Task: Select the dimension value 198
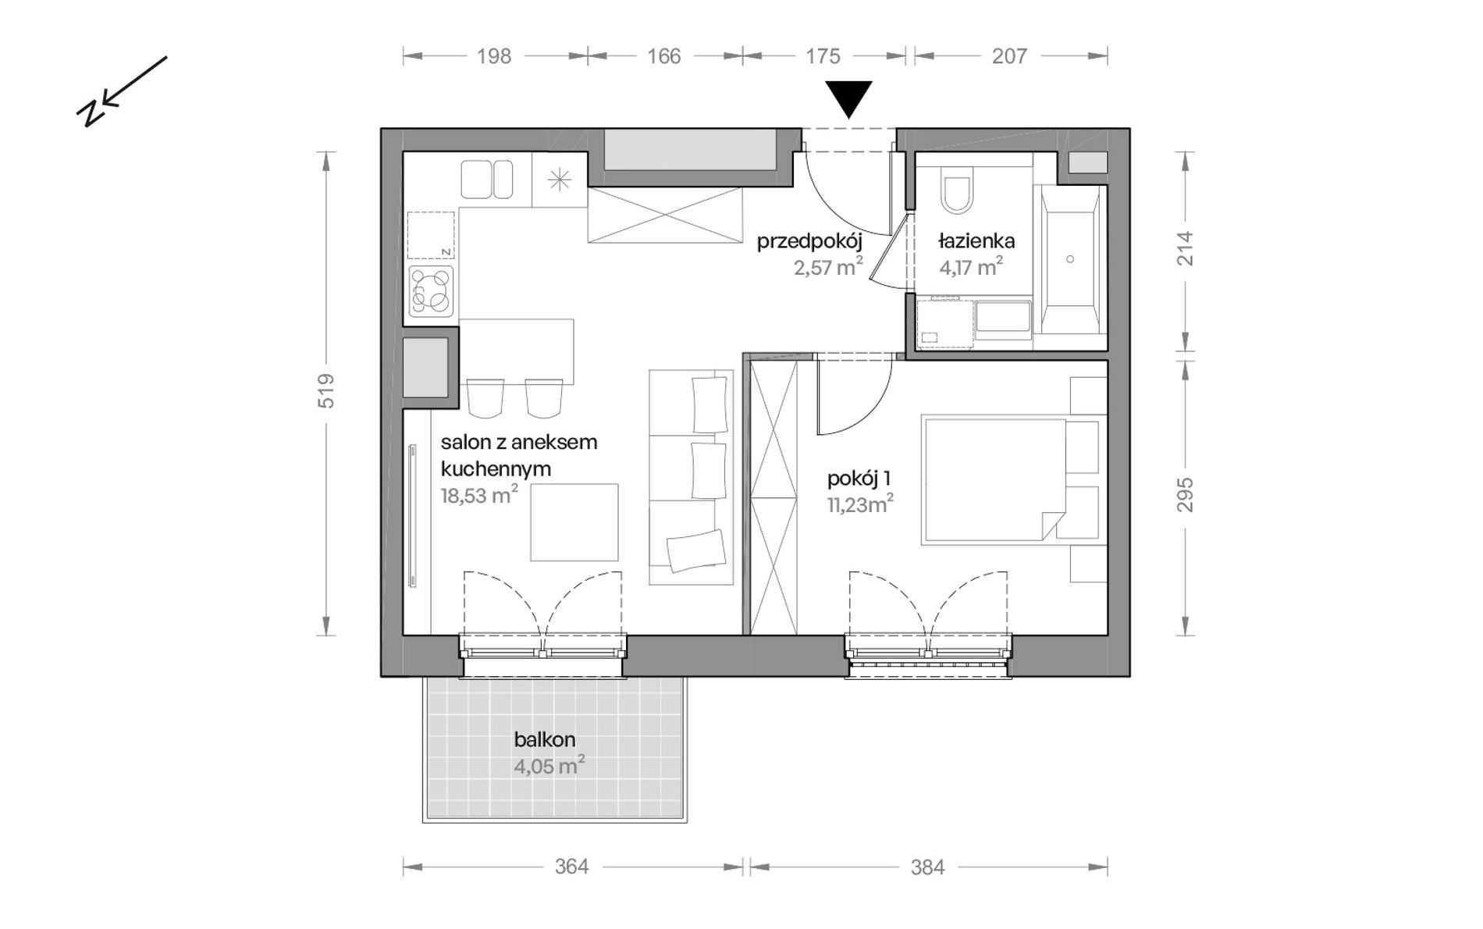[x=494, y=56]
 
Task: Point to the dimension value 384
[x=927, y=867]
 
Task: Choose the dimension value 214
[x=1185, y=248]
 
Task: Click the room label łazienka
[x=976, y=240]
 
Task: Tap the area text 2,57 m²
[x=828, y=268]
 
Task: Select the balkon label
[x=545, y=739]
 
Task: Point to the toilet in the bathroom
[x=957, y=191]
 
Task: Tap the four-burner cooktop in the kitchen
[x=431, y=290]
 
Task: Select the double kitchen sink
[x=487, y=180]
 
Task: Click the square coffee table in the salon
[x=574, y=522]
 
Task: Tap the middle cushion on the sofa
[x=709, y=471]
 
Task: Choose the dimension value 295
[x=1185, y=495]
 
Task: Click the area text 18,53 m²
[x=479, y=496]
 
